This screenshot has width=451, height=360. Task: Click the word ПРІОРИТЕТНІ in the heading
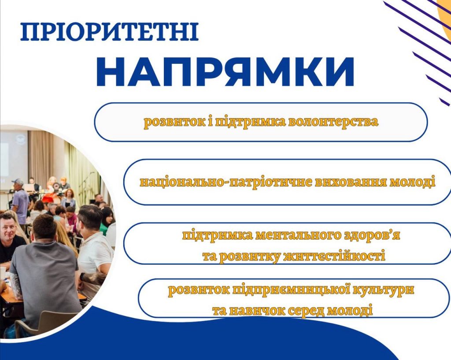109,32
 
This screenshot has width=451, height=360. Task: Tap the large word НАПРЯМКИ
224,72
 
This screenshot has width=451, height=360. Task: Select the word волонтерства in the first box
333,122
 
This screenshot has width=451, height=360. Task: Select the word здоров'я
372,236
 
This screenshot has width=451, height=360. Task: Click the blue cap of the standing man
18,182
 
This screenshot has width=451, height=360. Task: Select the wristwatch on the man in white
82,277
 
